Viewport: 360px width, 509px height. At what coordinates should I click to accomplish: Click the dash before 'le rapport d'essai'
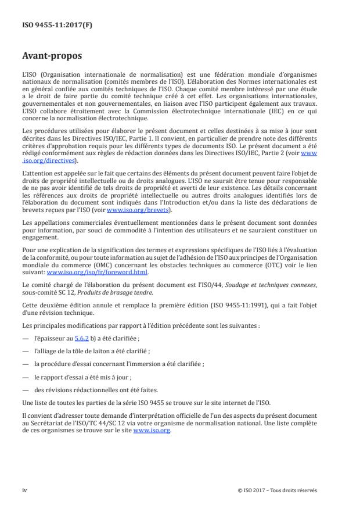pos(24,377)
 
